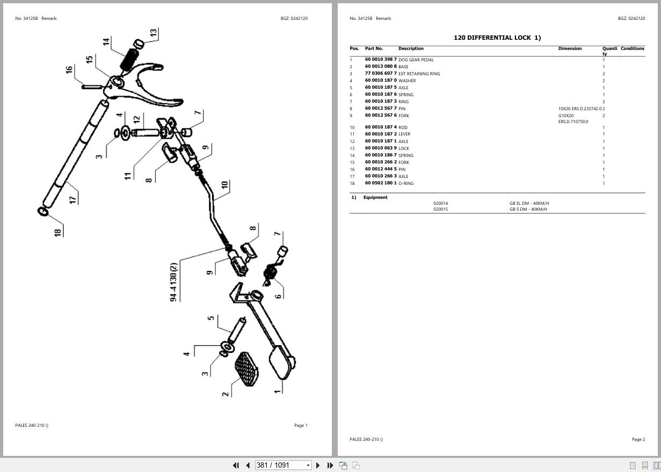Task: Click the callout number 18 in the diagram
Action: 58,232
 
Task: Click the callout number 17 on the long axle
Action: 73,198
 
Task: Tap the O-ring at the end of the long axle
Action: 43,211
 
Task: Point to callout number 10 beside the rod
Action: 224,185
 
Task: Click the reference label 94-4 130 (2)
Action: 173,282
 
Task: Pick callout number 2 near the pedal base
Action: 226,394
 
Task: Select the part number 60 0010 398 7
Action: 381,60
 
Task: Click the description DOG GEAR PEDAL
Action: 416,60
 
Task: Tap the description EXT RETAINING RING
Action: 419,74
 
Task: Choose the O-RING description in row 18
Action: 406,183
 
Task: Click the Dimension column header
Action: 570,48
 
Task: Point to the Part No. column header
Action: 374,48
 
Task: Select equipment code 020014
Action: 440,203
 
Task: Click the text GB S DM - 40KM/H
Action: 528,209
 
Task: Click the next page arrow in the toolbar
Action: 318,465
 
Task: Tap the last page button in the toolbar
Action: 330,465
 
